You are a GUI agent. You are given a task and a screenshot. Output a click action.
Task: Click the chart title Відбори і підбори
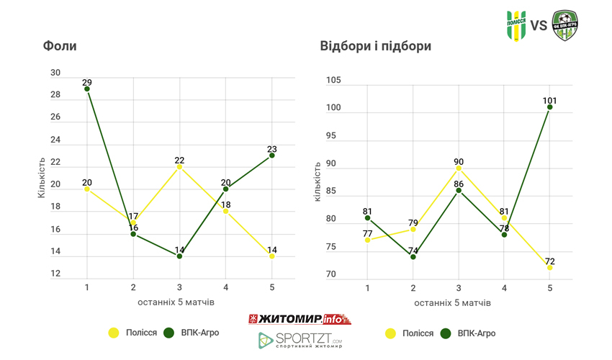(x=375, y=47)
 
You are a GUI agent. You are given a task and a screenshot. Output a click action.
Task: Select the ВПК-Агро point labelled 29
(x=87, y=89)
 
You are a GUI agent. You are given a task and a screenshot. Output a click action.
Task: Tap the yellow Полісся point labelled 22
(x=179, y=166)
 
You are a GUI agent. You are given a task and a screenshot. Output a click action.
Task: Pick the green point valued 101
(x=549, y=107)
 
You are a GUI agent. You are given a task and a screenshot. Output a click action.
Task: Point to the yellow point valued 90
(x=458, y=168)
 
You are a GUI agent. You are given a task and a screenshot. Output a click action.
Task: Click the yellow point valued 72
(x=549, y=267)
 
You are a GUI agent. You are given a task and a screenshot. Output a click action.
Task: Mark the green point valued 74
(x=413, y=256)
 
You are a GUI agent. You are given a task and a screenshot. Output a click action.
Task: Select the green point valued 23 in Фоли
(x=271, y=155)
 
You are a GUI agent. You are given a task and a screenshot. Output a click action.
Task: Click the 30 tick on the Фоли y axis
(x=55, y=73)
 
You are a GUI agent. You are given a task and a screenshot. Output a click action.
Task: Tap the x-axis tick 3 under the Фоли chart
(x=179, y=288)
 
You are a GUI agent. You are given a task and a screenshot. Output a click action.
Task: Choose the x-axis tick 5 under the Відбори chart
(x=549, y=288)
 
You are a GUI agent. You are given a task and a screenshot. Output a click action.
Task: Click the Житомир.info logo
(x=299, y=318)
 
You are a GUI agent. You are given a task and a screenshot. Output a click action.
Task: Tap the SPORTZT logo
(x=300, y=340)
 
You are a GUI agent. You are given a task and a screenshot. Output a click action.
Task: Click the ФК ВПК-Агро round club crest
(x=564, y=26)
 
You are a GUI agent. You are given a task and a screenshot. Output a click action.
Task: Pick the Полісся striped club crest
(x=516, y=26)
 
